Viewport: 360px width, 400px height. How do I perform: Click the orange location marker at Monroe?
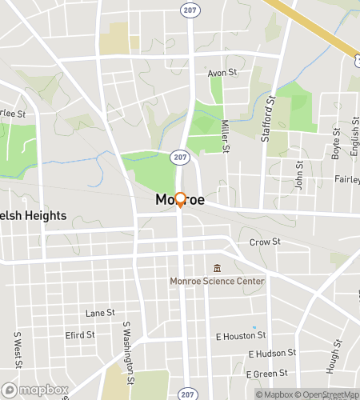[181, 200]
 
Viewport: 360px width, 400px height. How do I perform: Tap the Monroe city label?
[180, 200]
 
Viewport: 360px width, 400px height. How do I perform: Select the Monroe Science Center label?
[216, 282]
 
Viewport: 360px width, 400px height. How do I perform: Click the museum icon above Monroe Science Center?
[216, 268]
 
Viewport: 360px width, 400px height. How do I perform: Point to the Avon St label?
[222, 73]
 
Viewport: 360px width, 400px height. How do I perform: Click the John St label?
[299, 175]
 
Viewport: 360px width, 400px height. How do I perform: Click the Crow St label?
[265, 242]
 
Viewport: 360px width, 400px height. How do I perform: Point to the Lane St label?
[100, 313]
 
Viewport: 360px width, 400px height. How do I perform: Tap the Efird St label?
[80, 334]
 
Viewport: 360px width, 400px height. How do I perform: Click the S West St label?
[17, 348]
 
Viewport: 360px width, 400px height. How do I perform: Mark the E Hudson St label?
[272, 353]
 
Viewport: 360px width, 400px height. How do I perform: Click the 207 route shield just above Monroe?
[182, 158]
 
